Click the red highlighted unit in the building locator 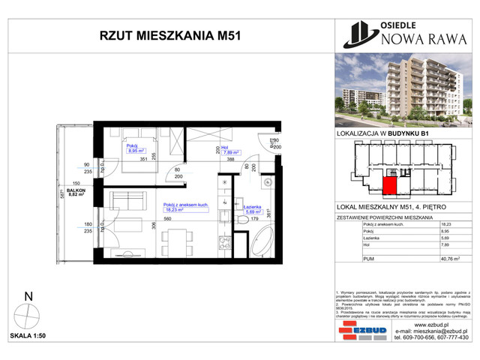coord(391,185)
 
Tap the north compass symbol coord(29,313)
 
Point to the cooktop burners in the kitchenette coord(223,243)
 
